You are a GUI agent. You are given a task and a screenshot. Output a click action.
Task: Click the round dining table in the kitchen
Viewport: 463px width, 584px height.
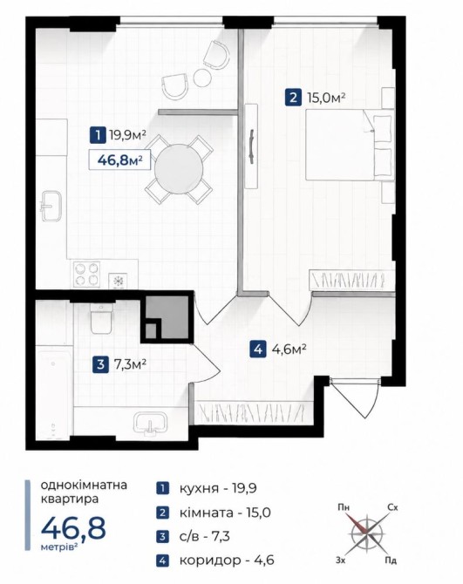(179, 169)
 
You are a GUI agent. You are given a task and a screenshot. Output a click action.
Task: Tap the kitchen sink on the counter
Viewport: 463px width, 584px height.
(50, 206)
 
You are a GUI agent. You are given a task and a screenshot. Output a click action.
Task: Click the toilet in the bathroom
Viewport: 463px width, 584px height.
(101, 318)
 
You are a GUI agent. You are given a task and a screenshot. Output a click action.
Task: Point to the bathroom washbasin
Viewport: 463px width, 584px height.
(150, 424)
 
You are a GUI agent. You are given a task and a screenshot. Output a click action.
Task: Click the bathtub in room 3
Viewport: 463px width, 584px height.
(54, 390)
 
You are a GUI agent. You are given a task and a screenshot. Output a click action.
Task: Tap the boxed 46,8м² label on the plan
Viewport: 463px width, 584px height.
(119, 160)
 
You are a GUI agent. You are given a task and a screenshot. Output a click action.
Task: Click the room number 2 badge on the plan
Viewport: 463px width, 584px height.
(293, 98)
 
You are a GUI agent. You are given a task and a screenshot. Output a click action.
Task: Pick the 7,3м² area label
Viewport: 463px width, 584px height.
(130, 363)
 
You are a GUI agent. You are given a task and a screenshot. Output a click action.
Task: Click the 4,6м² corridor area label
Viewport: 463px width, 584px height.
(289, 350)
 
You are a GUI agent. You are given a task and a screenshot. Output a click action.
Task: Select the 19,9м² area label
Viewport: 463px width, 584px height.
(127, 135)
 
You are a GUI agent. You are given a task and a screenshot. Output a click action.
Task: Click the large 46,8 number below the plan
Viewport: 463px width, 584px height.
(73, 528)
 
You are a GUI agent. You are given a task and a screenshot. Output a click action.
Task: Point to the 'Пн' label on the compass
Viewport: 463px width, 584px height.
(344, 507)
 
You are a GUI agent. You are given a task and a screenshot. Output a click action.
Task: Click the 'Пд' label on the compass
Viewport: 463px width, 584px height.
(391, 560)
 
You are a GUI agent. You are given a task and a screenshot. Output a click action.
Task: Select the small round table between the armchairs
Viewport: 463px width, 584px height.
(202, 78)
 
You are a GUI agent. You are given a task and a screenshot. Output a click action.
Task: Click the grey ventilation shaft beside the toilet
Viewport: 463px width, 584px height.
(167, 317)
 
